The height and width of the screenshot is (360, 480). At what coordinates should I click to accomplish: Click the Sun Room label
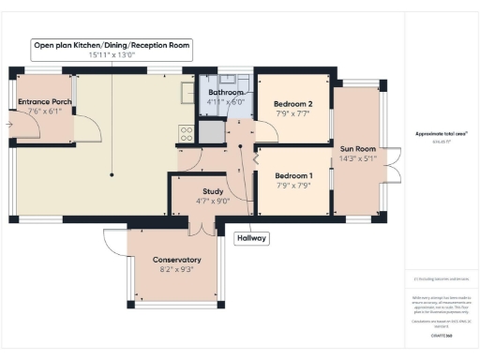click(x=359, y=148)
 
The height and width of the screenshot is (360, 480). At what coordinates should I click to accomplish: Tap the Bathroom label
click(x=226, y=93)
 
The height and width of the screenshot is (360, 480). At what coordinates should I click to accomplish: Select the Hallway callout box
click(x=252, y=238)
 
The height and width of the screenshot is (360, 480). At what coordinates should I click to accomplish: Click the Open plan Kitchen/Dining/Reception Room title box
click(x=112, y=49)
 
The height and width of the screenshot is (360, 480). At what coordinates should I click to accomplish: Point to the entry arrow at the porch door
click(x=7, y=123)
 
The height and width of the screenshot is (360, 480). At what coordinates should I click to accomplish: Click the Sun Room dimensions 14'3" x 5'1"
click(x=359, y=158)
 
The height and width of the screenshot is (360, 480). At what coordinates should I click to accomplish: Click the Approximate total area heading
click(x=440, y=133)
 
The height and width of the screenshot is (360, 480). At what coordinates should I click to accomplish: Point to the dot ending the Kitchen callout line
click(x=112, y=174)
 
